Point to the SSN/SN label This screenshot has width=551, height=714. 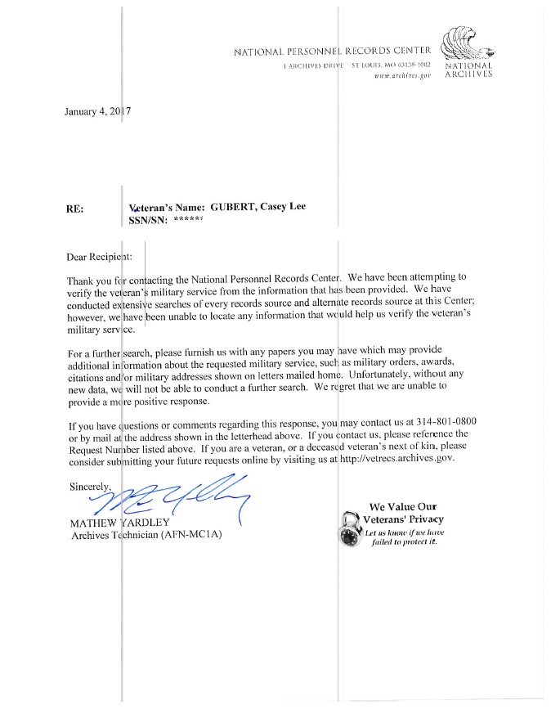[148, 219]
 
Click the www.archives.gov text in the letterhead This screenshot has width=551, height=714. [401, 74]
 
